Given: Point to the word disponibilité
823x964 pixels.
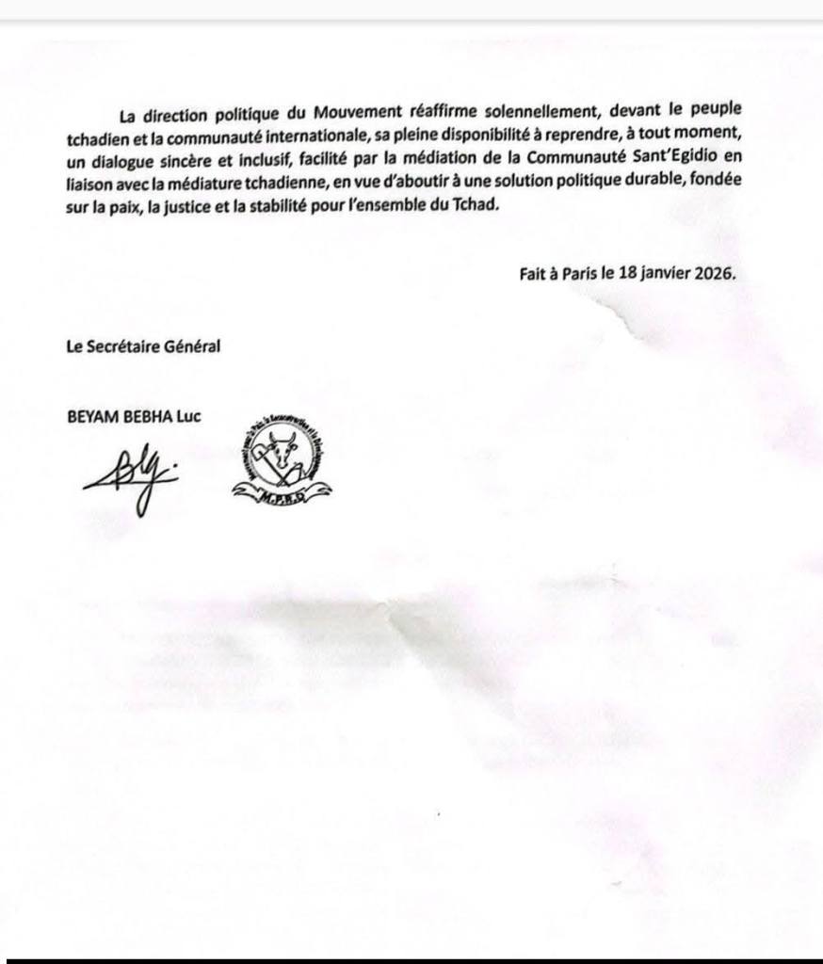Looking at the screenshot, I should (x=459, y=138).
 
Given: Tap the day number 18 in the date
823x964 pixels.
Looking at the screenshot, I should (x=628, y=274).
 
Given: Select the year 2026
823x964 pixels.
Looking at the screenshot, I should (x=713, y=274).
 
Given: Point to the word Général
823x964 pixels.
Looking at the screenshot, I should (x=194, y=345).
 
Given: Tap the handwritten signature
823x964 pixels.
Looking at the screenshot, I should (x=129, y=477).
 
